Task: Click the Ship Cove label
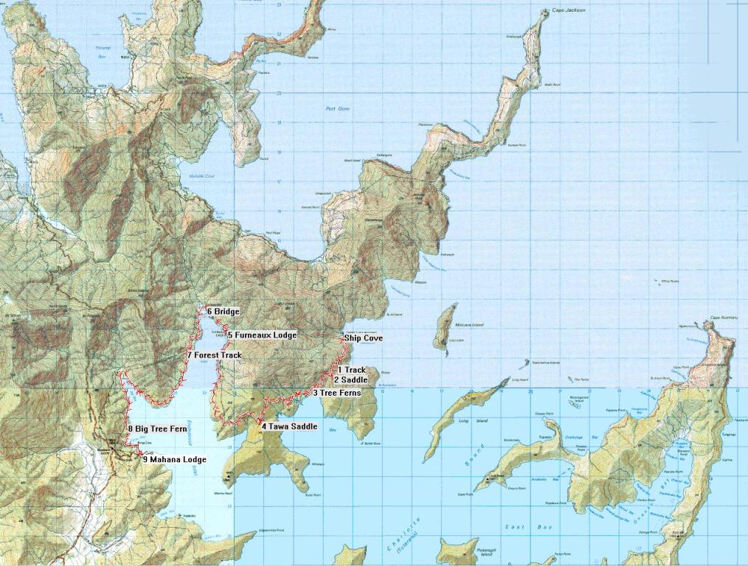[364, 339]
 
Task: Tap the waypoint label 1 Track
[352, 370]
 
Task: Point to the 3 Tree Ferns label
[338, 394]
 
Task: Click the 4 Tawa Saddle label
[289, 427]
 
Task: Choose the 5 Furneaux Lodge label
[262, 335]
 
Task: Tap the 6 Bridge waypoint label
[223, 312]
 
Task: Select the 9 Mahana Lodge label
[174, 459]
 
